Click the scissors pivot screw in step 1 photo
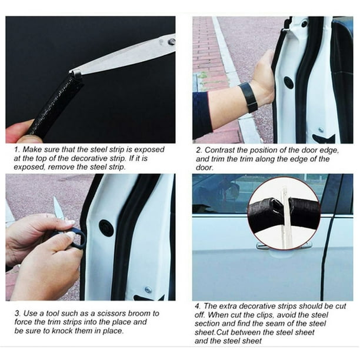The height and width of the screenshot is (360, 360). tap(172, 42)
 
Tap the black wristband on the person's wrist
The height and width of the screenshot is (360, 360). tap(248, 97)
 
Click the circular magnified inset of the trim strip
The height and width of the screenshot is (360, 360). tap(284, 213)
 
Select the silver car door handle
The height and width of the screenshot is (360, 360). tap(264, 246)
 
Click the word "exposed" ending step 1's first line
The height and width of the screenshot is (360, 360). tap(149, 149)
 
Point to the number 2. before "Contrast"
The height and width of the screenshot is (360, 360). tap(199, 150)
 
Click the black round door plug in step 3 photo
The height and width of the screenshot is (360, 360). tap(106, 228)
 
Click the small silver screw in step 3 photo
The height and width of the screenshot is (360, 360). tap(148, 290)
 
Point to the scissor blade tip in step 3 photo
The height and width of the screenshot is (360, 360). tap(55, 197)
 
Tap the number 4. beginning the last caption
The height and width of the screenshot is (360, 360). tap(198, 306)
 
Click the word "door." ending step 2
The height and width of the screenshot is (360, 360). tap(205, 168)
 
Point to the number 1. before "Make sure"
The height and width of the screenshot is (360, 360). tap(17, 149)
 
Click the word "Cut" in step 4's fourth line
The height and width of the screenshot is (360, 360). tap(222, 332)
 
